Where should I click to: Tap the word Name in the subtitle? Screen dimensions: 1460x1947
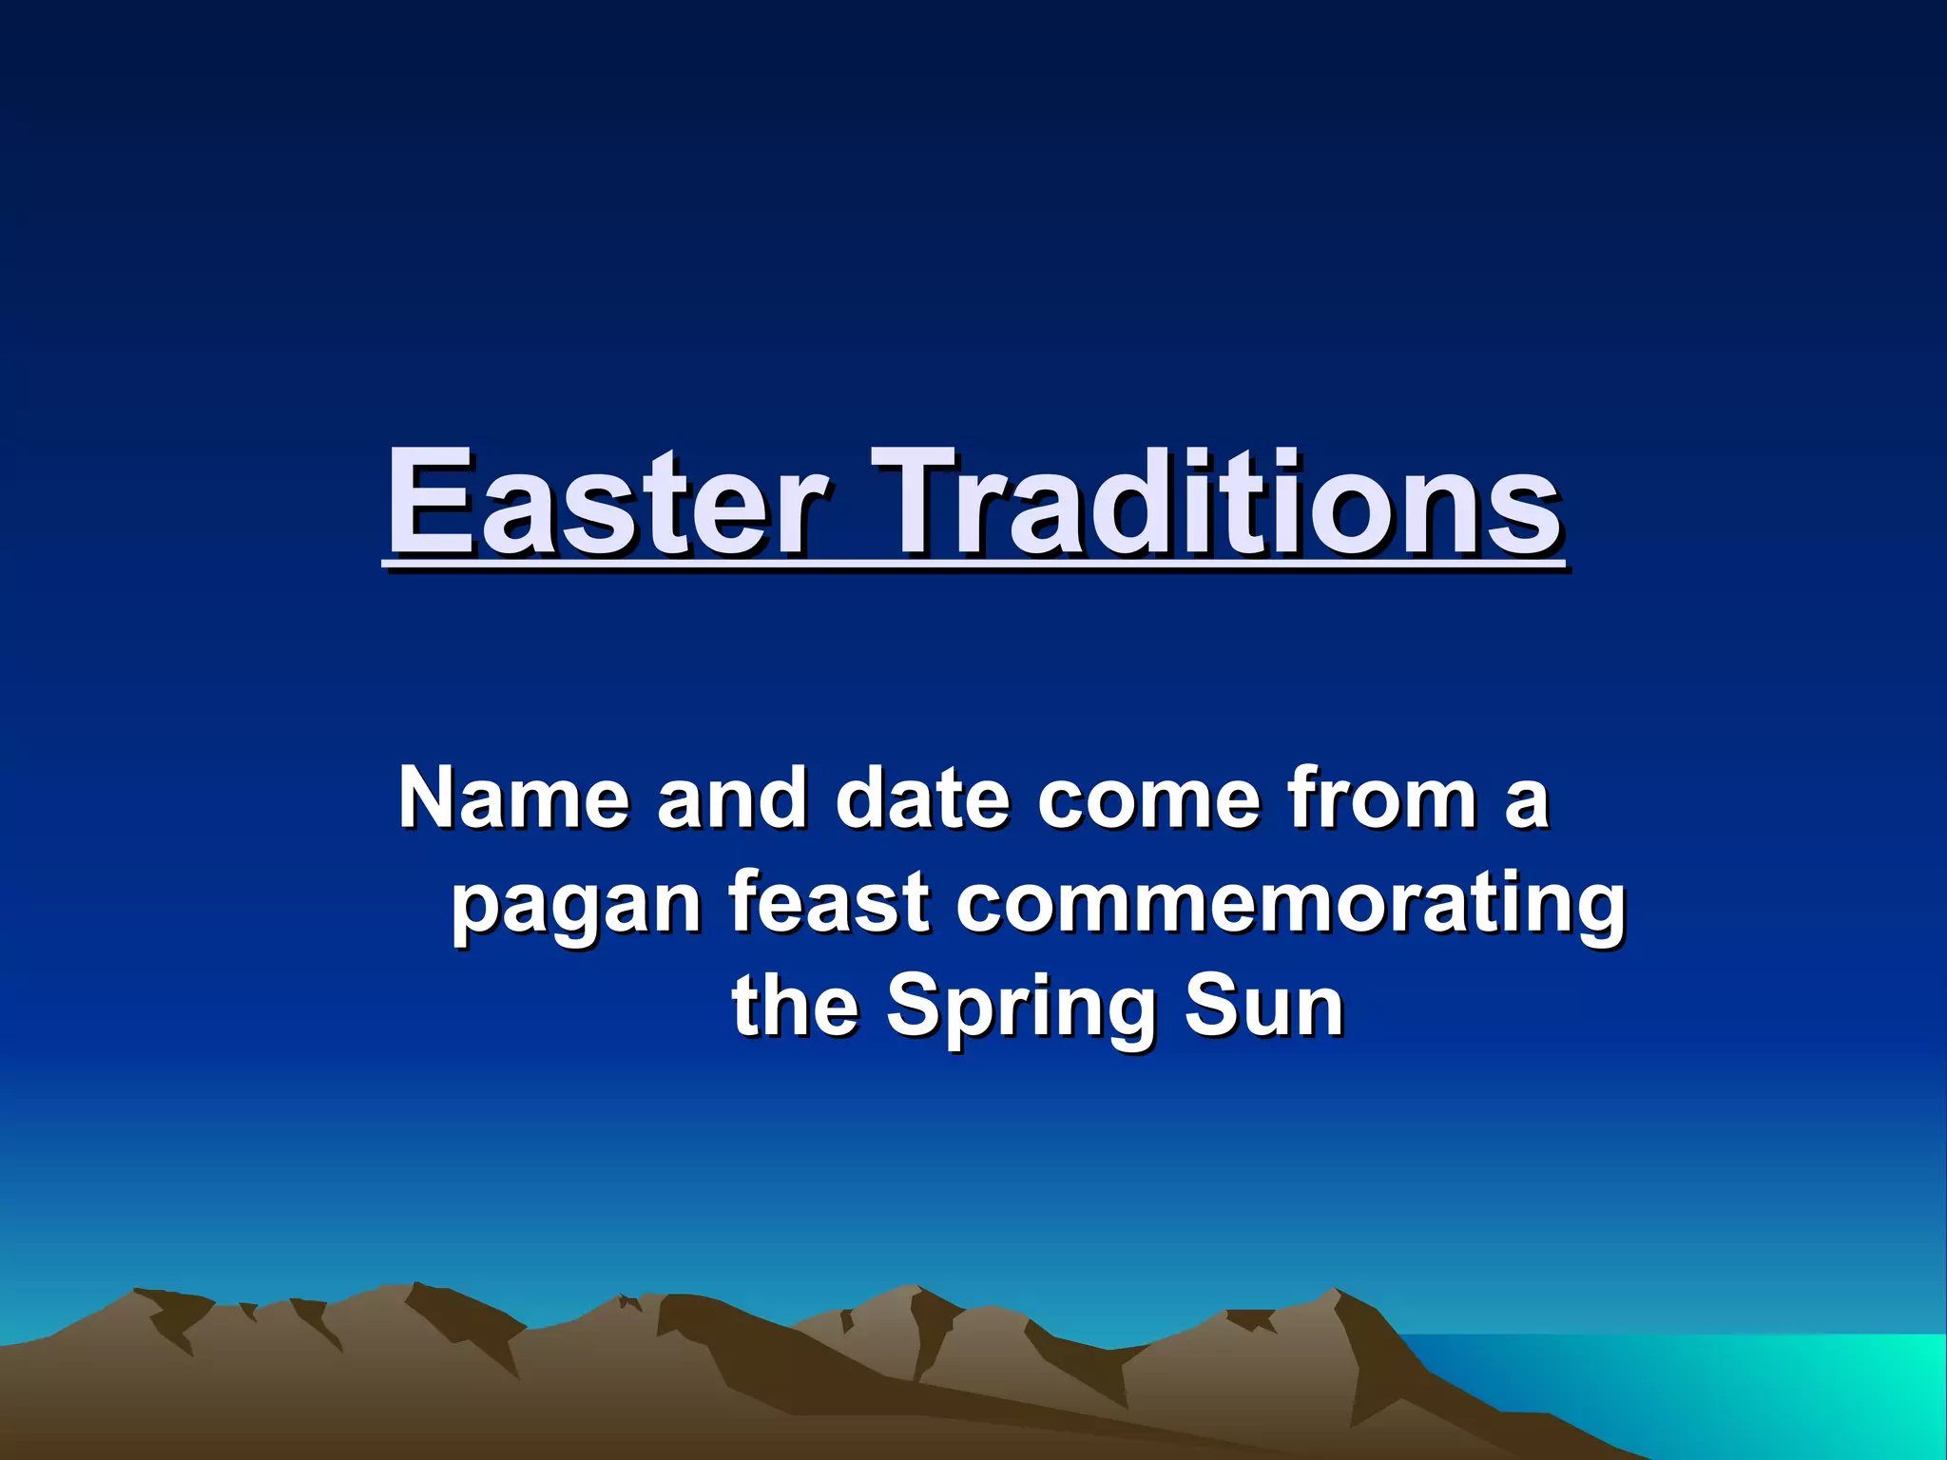point(513,798)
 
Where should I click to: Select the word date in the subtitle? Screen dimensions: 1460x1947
point(922,798)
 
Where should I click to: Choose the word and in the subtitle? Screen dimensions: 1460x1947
point(732,798)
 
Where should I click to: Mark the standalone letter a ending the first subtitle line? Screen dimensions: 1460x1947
point(1527,803)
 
